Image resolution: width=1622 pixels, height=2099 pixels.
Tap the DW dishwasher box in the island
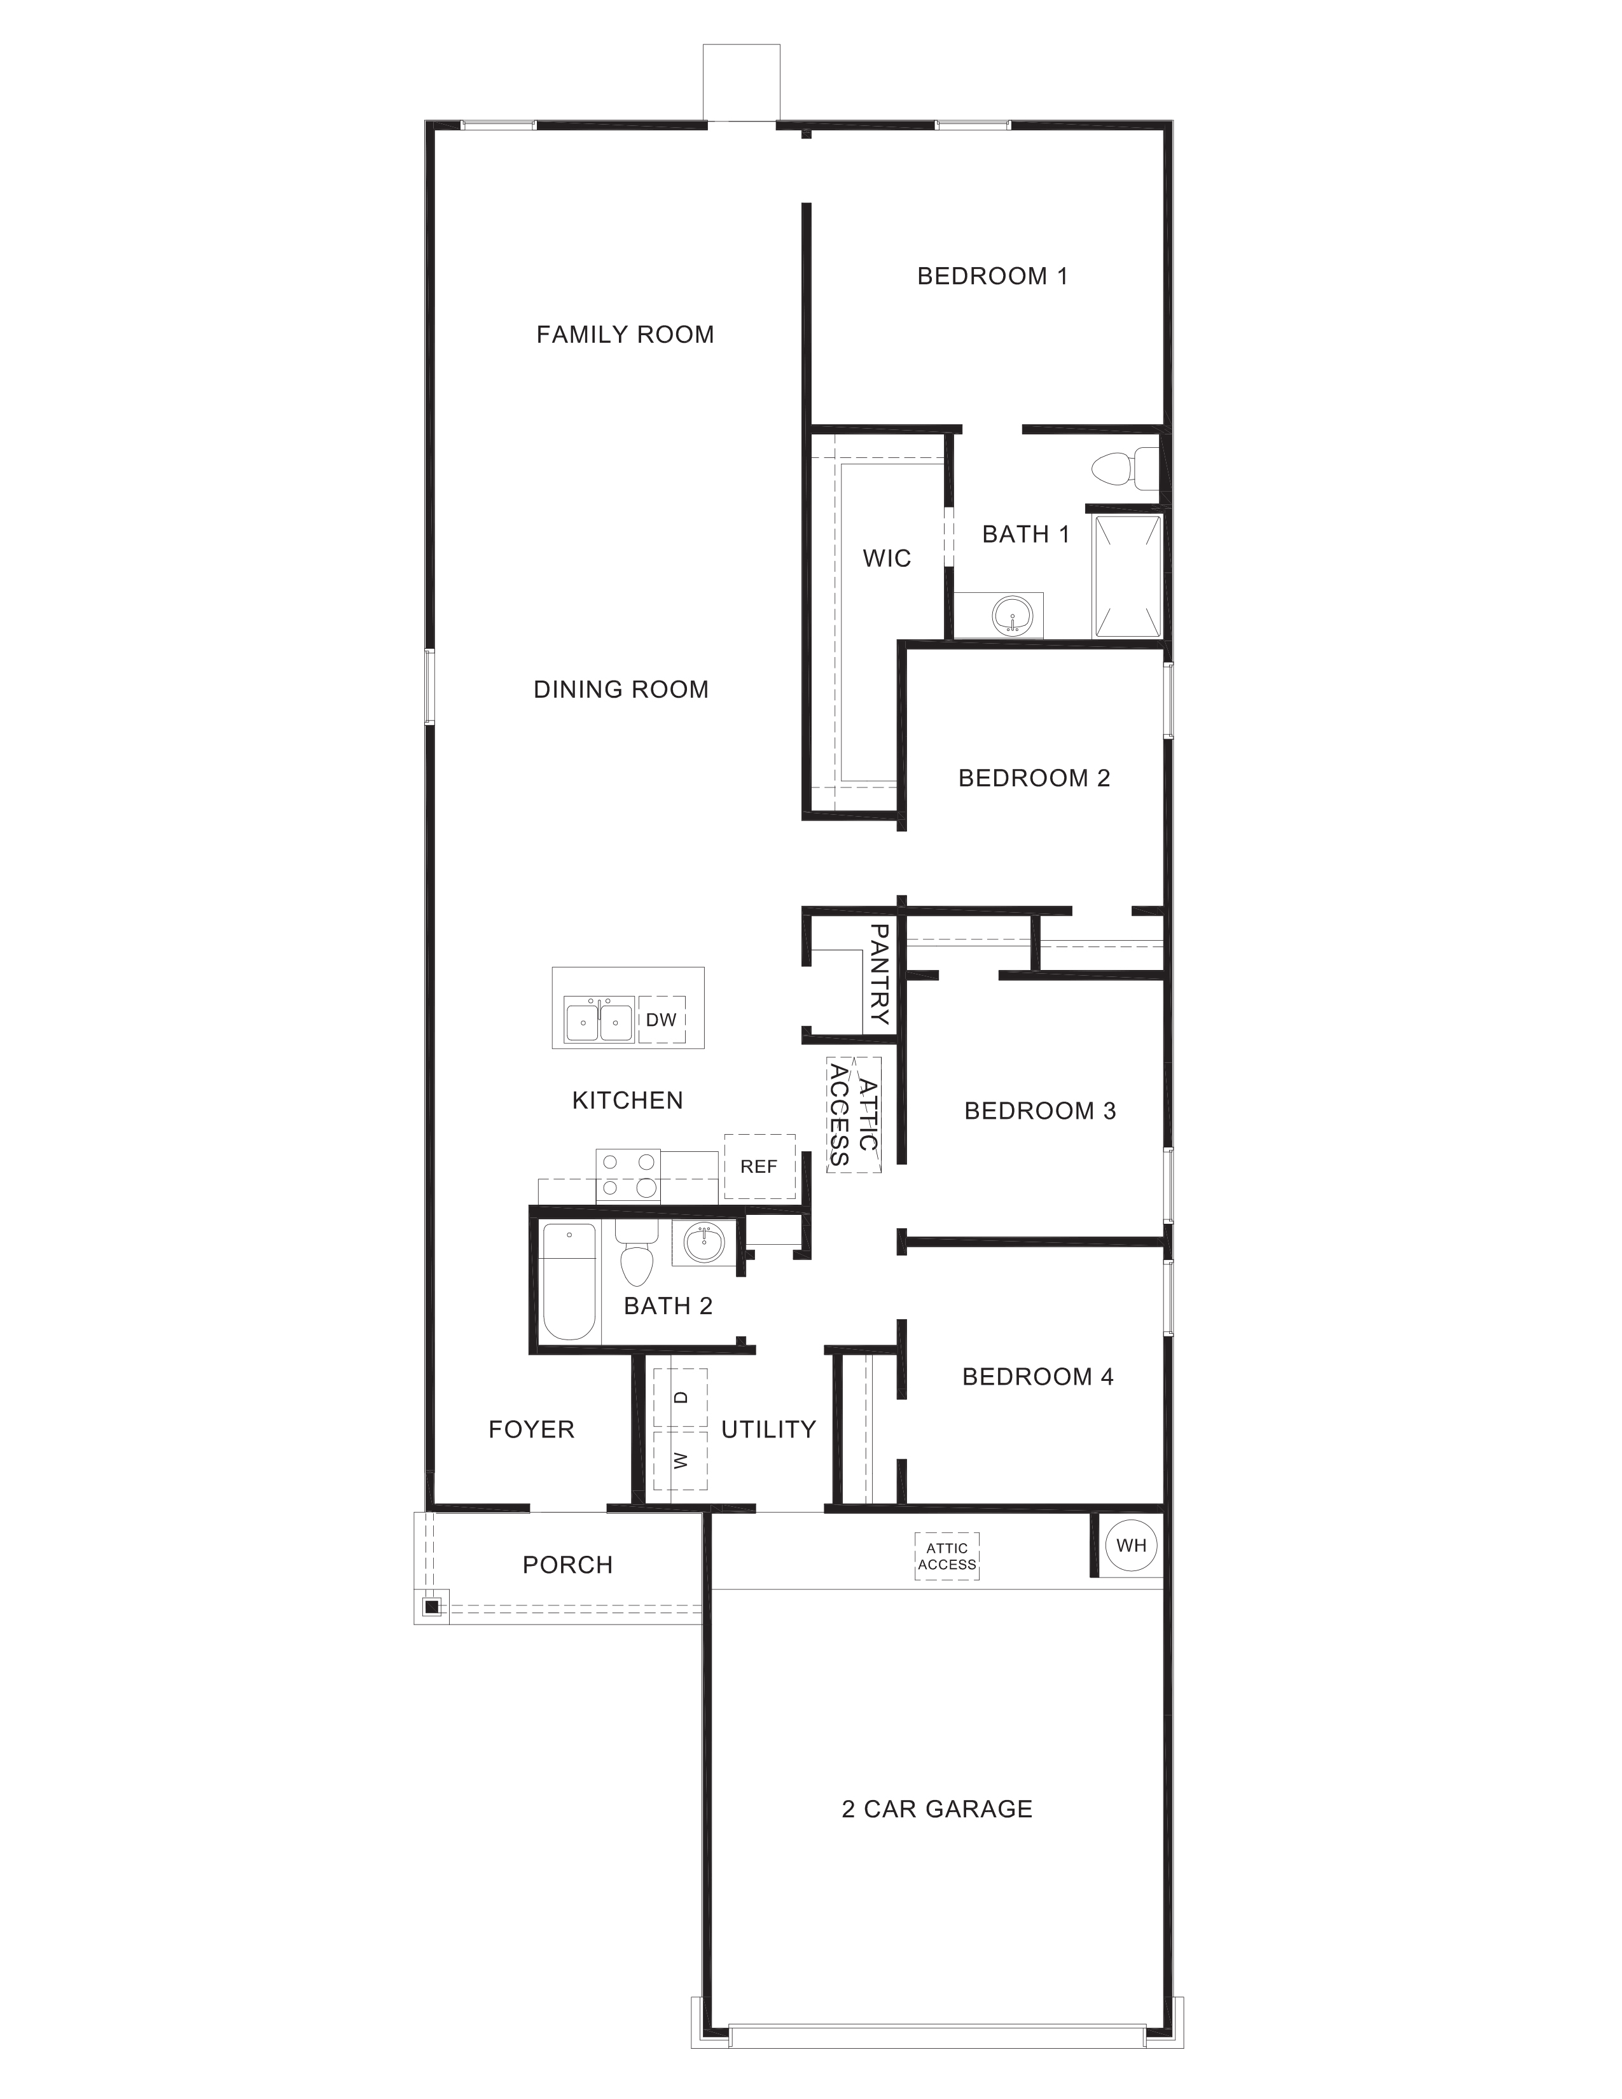661,1020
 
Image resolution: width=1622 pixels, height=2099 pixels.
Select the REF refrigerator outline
759,1166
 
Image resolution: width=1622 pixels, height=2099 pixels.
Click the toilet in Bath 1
1119,468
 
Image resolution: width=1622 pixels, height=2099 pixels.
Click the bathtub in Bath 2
568,1282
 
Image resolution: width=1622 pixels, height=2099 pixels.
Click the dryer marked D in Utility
681,1397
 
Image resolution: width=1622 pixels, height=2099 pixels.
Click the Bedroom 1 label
992,276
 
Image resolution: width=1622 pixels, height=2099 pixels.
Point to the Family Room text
625,335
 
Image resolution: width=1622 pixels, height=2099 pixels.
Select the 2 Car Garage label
937,1809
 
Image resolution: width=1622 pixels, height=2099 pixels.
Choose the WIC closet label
886,558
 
